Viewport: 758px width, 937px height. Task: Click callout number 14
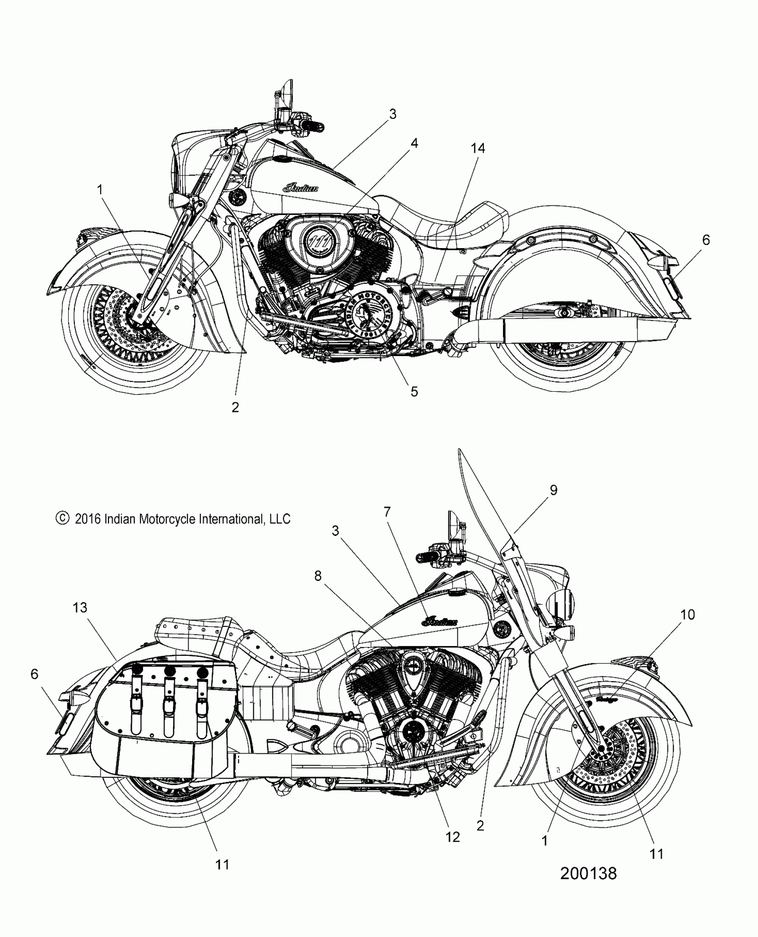(478, 148)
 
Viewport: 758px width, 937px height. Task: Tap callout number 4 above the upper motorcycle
(414, 143)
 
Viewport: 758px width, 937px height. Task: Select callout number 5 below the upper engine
(414, 391)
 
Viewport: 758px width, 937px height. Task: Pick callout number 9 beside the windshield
(553, 490)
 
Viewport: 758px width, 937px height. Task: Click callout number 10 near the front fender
(688, 614)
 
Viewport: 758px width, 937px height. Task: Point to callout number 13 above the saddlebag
(80, 607)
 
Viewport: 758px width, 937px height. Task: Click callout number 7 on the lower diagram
(387, 512)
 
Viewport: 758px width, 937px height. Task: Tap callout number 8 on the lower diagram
(317, 576)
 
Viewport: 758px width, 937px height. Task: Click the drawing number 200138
(588, 873)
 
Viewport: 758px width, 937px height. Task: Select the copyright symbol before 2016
(62, 518)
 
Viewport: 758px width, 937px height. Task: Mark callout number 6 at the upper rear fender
(706, 240)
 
